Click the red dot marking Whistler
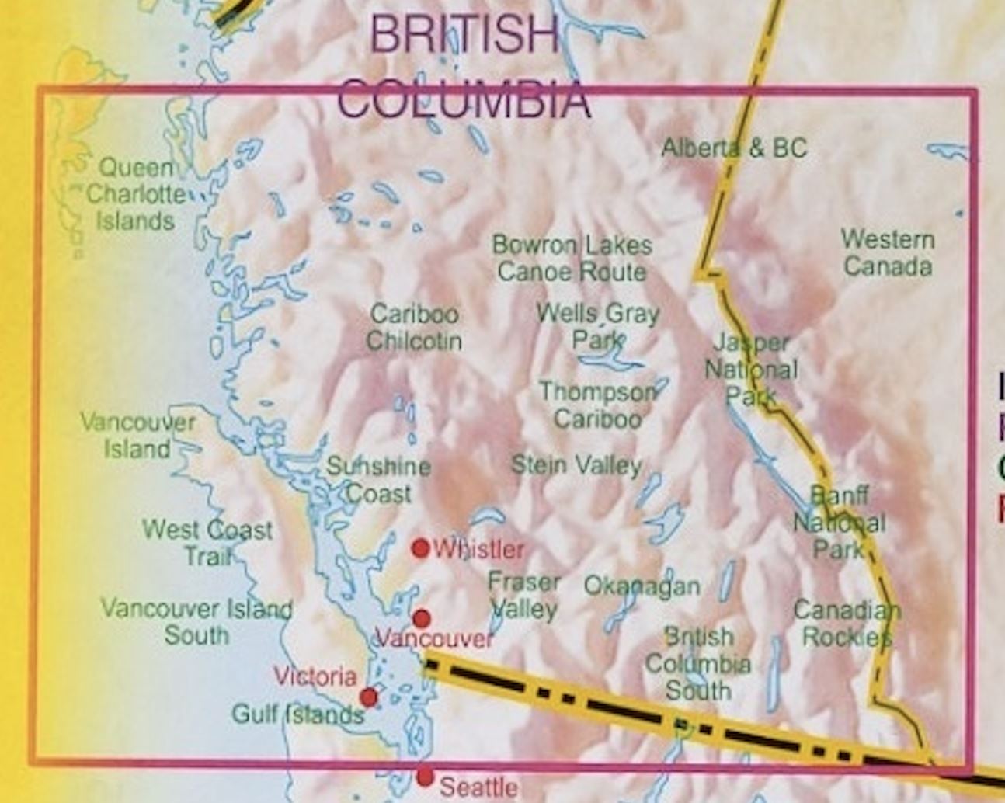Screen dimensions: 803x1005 pyautogui.click(x=420, y=548)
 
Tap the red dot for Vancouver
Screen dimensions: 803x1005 pyautogui.click(x=421, y=618)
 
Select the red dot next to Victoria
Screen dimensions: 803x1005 pyautogui.click(x=369, y=697)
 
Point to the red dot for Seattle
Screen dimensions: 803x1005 pyautogui.click(x=425, y=776)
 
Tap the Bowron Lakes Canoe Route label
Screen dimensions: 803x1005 pyautogui.click(x=572, y=259)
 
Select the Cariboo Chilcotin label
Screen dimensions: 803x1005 pyautogui.click(x=414, y=327)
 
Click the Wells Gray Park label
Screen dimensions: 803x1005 pyautogui.click(x=598, y=326)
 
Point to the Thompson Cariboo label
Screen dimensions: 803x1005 pyautogui.click(x=597, y=405)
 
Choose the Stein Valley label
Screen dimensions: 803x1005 pyautogui.click(x=576, y=464)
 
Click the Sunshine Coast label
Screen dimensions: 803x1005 pyautogui.click(x=378, y=480)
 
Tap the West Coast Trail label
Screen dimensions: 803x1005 pyautogui.click(x=207, y=543)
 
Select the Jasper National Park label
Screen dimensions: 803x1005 pyautogui.click(x=751, y=370)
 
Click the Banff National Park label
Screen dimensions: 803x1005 pyautogui.click(x=839, y=523)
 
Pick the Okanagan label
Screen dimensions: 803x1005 pyautogui.click(x=642, y=586)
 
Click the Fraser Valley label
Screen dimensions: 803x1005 pyautogui.click(x=523, y=596)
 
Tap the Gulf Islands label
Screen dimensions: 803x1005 pyautogui.click(x=298, y=714)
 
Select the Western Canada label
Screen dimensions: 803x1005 pyautogui.click(x=888, y=252)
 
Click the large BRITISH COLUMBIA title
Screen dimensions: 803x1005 pyautogui.click(x=464, y=67)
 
